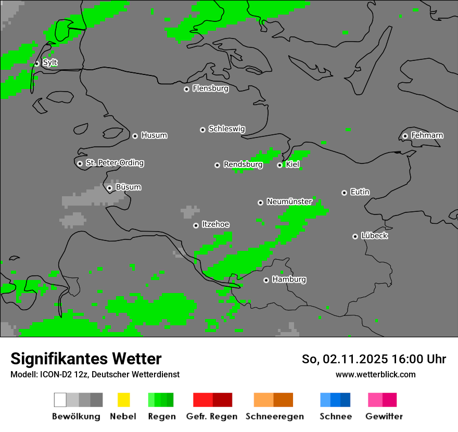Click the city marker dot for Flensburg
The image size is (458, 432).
point(186,89)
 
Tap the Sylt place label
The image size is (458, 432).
point(50,62)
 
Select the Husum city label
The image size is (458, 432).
point(154,135)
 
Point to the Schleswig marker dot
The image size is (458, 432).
point(202,130)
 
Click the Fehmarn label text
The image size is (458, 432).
point(427,135)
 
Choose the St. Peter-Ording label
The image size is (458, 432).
point(115,163)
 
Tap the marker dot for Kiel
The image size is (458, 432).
point(279,165)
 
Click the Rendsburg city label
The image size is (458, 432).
point(243,164)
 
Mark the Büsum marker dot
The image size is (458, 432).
point(109,188)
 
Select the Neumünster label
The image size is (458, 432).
point(289,201)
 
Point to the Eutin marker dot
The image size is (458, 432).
point(344,193)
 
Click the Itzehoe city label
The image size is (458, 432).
point(215,224)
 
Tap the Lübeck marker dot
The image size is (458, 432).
point(355,236)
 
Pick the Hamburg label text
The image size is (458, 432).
point(289,279)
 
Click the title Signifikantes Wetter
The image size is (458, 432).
point(86,359)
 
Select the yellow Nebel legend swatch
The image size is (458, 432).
point(123,400)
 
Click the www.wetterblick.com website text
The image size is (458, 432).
point(375,374)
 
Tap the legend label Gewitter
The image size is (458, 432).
point(384,416)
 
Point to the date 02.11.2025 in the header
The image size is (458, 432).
point(355,359)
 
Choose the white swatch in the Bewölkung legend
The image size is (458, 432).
point(60,400)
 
